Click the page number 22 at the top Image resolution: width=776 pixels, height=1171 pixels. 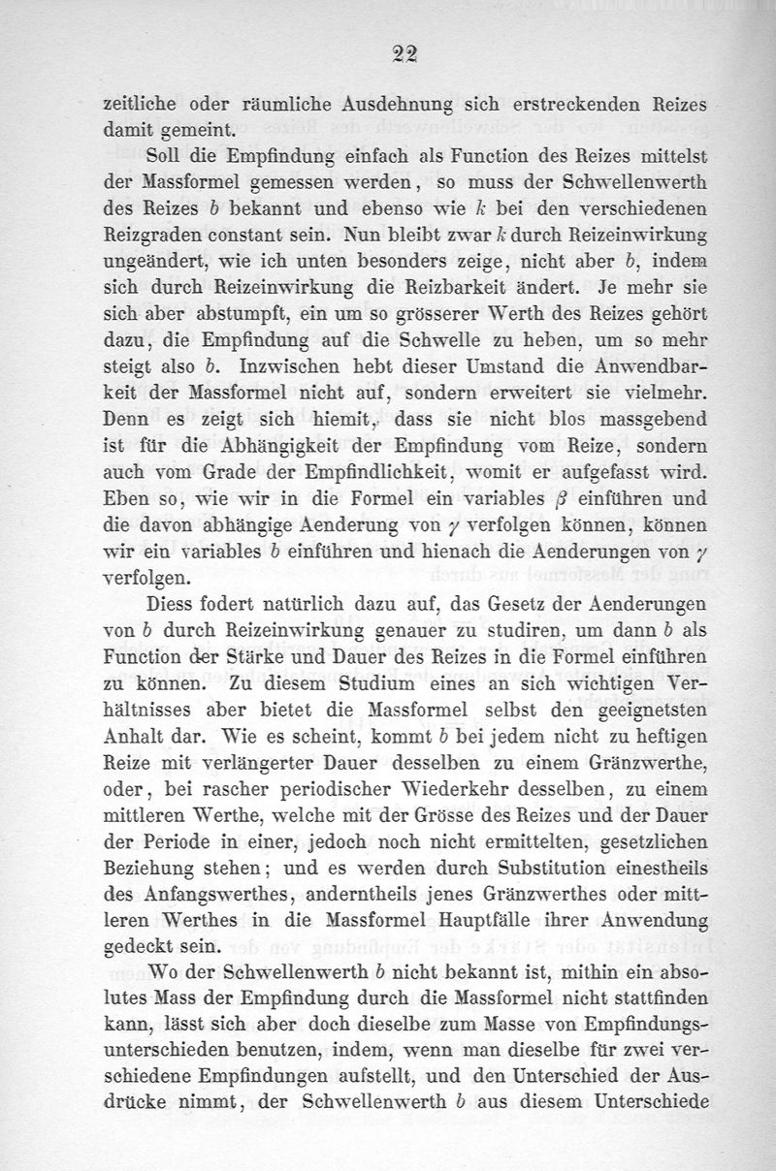tap(398, 54)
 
